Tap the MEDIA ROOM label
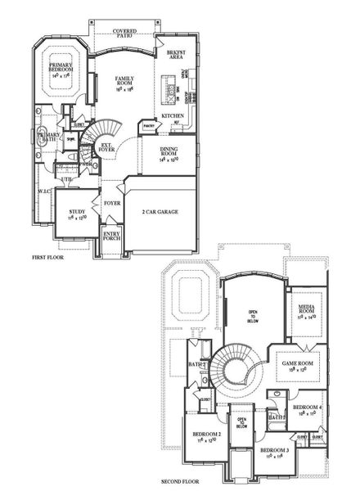tap(308, 308)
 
